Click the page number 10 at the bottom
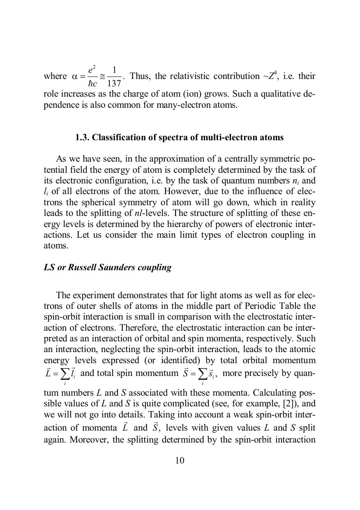[x=180, y=460]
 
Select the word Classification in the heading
[x=116, y=137]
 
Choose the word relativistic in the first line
[x=190, y=76]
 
